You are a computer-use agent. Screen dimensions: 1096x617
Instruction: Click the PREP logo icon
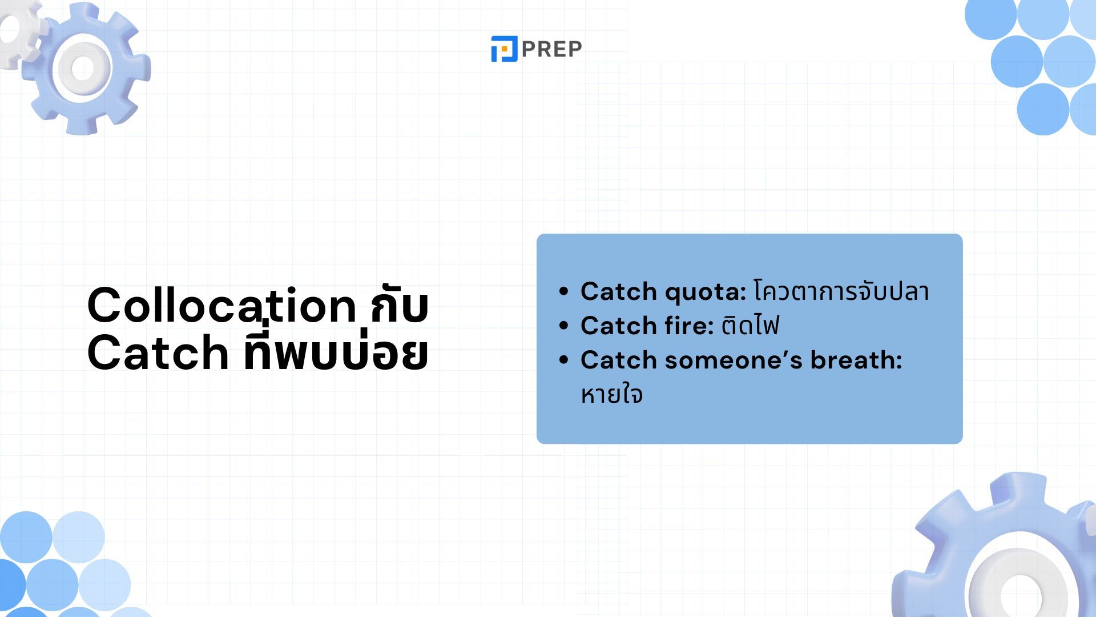point(504,49)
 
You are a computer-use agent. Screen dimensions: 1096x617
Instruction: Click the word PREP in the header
point(551,49)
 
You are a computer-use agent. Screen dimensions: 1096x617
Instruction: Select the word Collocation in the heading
point(222,305)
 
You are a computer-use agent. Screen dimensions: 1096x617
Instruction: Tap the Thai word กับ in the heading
point(400,305)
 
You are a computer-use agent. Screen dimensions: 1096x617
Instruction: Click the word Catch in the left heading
point(158,352)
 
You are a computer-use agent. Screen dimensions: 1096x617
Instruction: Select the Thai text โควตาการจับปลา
point(841,291)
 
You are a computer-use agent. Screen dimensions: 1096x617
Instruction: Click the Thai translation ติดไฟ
point(750,326)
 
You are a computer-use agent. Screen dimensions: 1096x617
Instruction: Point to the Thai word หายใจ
point(612,395)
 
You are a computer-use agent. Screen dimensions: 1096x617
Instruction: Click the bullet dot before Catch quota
point(564,291)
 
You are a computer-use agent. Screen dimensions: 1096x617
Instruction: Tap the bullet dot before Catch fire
point(564,326)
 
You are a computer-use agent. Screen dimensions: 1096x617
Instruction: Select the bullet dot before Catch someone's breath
point(564,360)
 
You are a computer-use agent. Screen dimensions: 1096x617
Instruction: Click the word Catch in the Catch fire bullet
point(619,326)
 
